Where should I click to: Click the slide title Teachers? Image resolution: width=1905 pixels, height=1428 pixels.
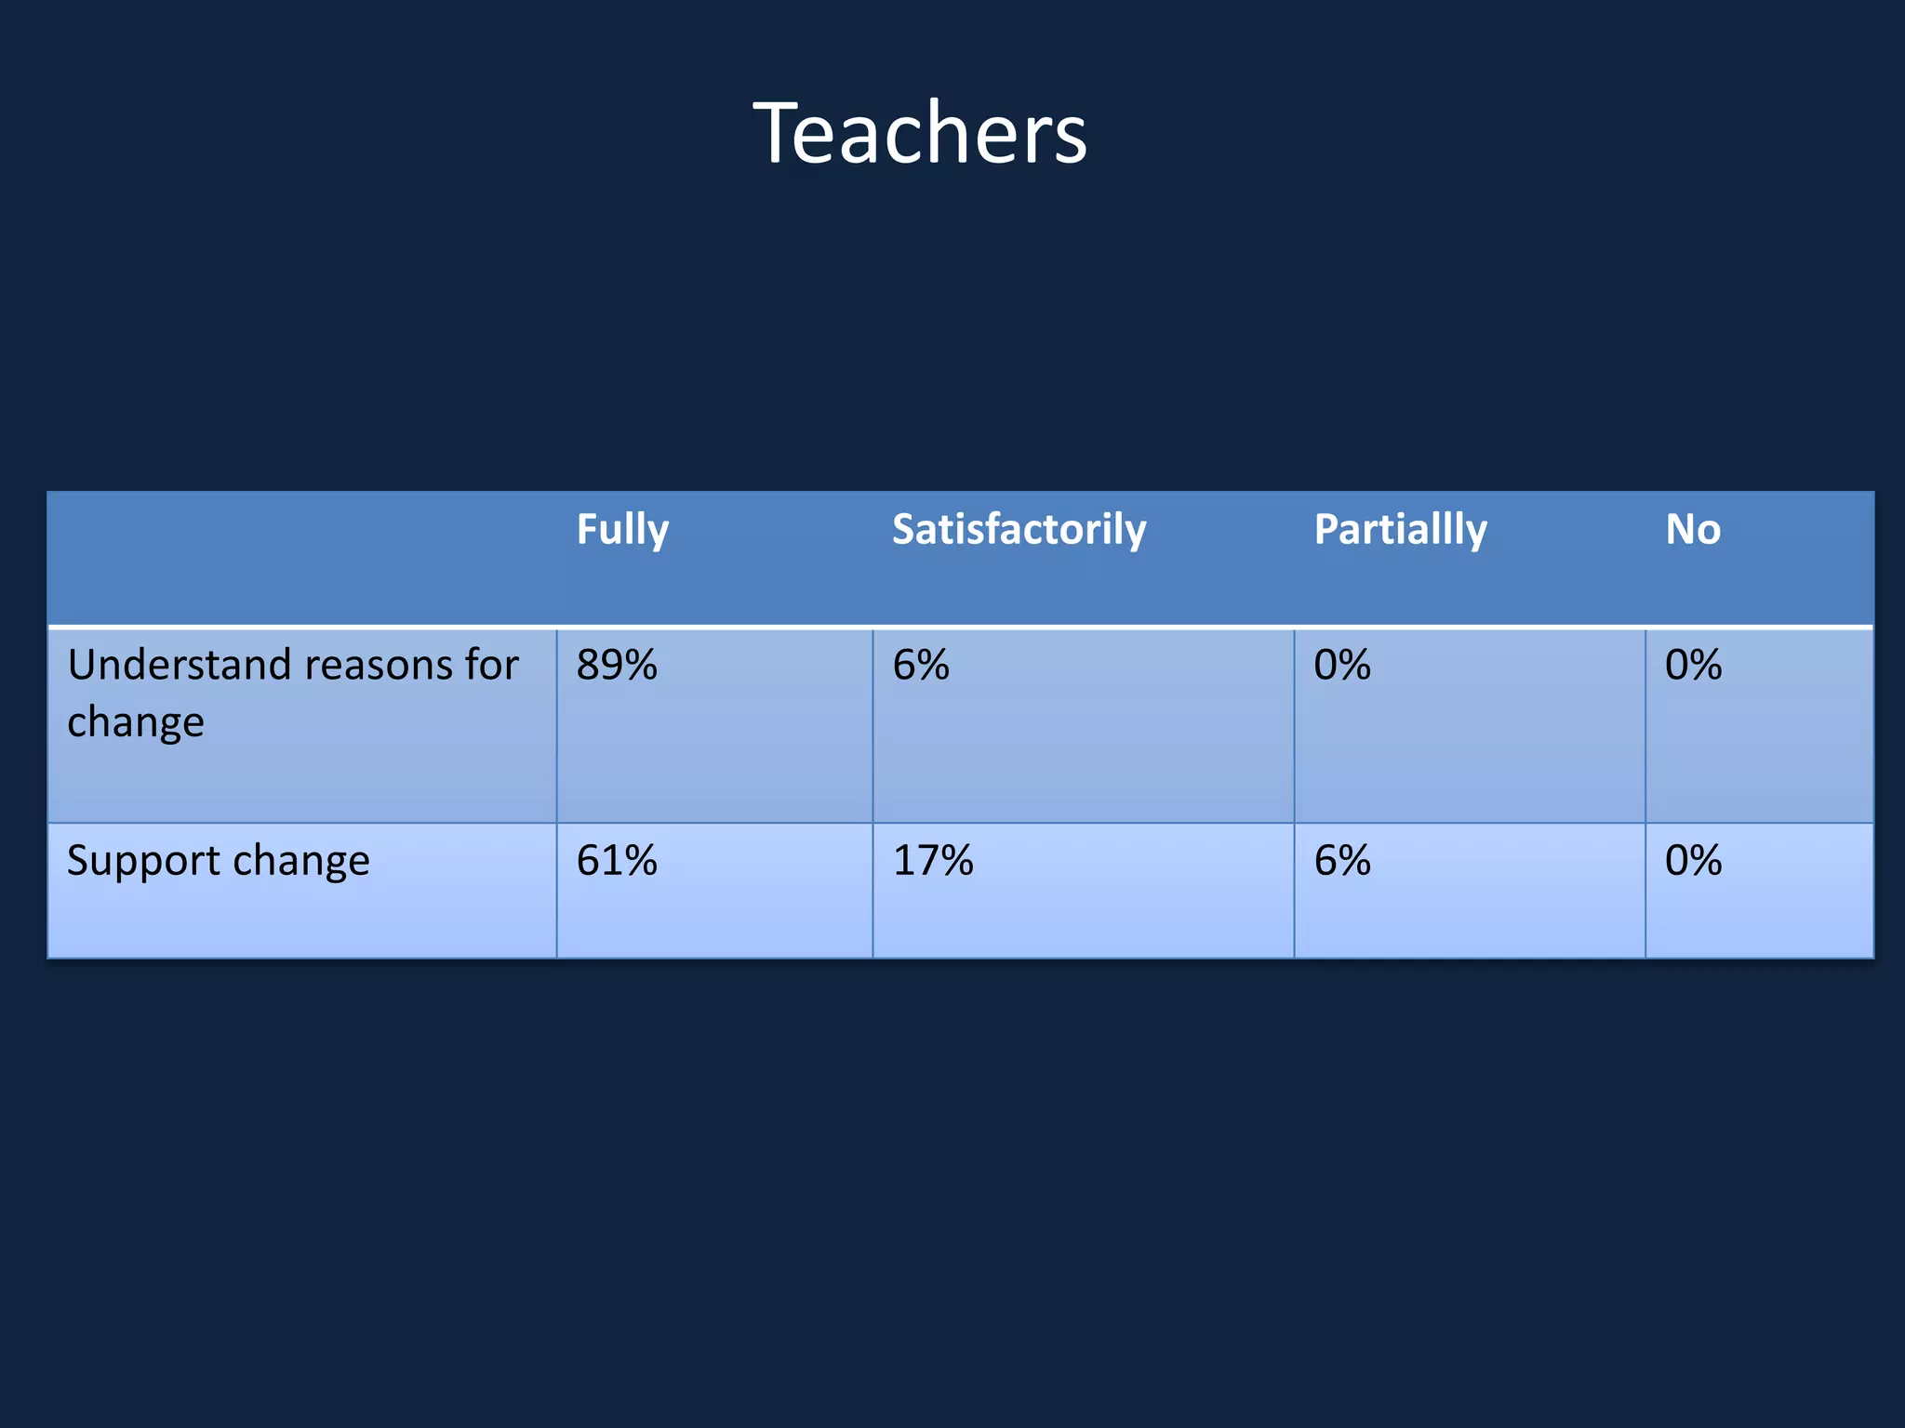[x=919, y=134]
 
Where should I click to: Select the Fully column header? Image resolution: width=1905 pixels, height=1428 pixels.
[x=622, y=530]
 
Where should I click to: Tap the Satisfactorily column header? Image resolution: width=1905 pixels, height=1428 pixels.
[x=1019, y=530]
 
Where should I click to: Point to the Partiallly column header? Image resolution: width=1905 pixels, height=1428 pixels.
[x=1400, y=530]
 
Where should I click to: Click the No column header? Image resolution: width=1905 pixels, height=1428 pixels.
[x=1693, y=530]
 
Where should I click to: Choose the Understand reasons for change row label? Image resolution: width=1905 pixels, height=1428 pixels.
[x=292, y=694]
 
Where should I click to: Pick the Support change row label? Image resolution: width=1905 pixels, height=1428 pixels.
[x=219, y=861]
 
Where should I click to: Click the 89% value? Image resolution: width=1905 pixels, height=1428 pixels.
[x=617, y=666]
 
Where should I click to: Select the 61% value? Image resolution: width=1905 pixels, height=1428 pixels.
[x=617, y=861]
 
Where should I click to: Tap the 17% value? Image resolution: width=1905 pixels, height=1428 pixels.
[x=933, y=861]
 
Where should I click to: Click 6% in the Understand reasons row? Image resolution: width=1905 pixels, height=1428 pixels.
[x=921, y=666]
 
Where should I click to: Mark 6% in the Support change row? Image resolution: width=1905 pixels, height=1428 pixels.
[x=1342, y=861]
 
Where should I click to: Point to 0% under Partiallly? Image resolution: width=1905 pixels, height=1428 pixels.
[x=1342, y=666]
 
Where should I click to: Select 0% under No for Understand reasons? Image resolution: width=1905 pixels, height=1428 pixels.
[x=1693, y=666]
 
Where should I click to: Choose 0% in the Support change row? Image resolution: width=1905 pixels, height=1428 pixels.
[x=1693, y=861]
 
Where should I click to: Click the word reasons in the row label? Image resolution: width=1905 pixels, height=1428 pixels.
[x=378, y=666]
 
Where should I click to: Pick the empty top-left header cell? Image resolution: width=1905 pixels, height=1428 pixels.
[x=302, y=558]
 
